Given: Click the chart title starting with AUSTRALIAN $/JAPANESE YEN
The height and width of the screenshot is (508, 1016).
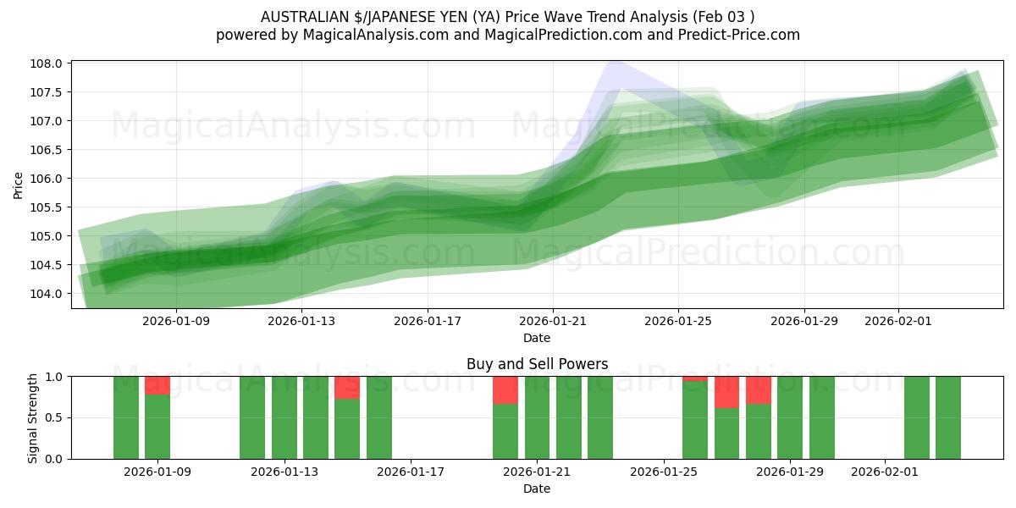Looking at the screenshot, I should click(508, 16).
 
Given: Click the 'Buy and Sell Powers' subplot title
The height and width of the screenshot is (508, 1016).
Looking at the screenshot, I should click(537, 364).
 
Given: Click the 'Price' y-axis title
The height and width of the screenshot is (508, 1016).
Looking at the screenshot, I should click(19, 184).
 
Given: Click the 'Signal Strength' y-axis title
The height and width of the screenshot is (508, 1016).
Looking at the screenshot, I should click(33, 417).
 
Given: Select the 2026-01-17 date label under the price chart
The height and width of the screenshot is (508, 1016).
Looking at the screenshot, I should click(427, 321).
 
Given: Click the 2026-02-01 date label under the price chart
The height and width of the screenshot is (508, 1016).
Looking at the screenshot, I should click(898, 321).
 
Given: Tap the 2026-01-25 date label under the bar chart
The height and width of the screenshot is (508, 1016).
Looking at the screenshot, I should click(663, 472).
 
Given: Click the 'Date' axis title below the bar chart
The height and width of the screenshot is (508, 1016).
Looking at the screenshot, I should click(537, 489).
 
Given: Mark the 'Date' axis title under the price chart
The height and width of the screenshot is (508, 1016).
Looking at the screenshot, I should click(537, 338).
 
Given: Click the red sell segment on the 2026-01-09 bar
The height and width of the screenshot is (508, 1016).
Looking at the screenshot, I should click(157, 385).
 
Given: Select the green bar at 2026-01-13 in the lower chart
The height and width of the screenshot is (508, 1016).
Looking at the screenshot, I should click(284, 417).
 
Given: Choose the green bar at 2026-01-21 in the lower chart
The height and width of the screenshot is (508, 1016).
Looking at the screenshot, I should click(538, 417).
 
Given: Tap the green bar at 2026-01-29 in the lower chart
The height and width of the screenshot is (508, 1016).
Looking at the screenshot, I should click(790, 417).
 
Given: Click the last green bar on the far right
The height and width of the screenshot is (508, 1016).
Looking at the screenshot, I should click(948, 417).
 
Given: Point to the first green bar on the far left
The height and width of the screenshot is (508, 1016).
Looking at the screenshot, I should click(126, 417).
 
